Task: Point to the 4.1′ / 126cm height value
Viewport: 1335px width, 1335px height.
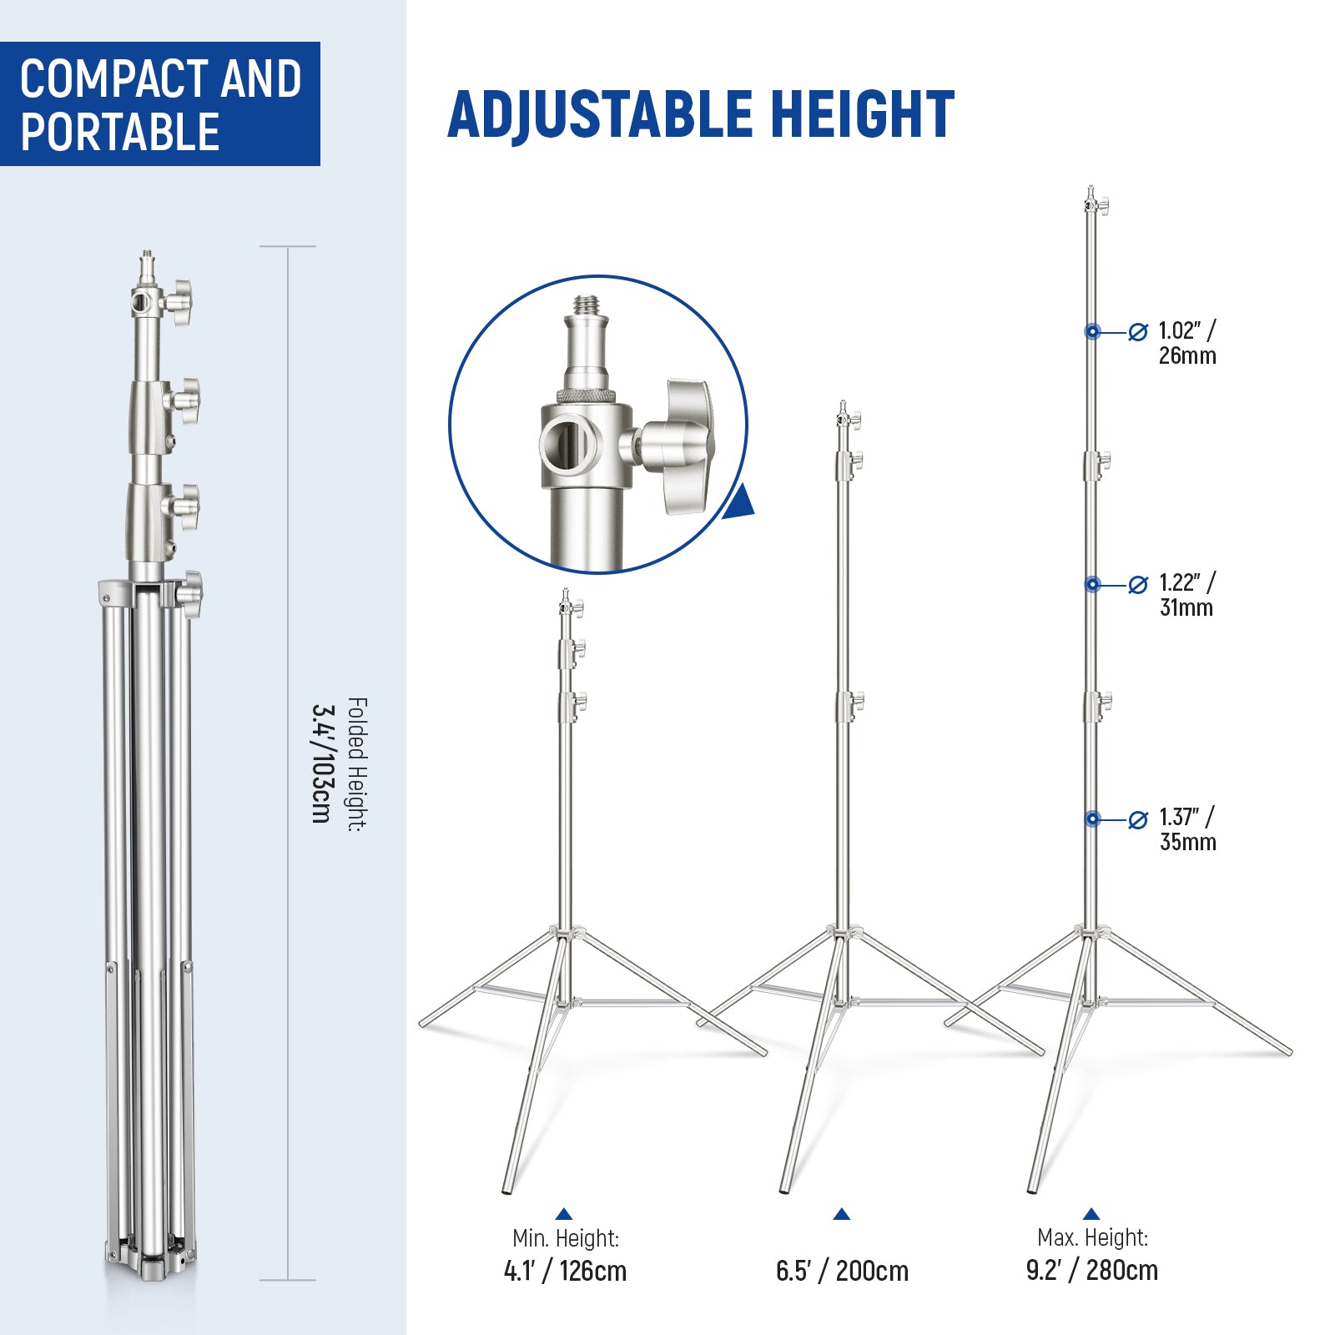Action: point(565,1271)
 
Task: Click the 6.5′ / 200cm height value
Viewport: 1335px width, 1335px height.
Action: point(842,1271)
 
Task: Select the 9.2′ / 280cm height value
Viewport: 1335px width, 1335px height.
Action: point(1091,1270)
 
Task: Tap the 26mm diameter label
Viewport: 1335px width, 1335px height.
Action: point(1186,356)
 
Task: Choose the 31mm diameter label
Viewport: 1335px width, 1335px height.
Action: point(1186,607)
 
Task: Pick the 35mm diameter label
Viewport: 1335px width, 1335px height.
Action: point(1187,842)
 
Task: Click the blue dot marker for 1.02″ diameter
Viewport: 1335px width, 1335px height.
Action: point(1092,332)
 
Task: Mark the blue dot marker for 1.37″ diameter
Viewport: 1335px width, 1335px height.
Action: point(1092,819)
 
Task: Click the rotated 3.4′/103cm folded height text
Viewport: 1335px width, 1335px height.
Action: point(321,763)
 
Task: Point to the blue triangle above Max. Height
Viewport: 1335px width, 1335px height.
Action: point(1091,1214)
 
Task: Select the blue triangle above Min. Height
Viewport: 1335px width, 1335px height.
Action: point(564,1214)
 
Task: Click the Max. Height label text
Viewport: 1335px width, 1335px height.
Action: point(1092,1237)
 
